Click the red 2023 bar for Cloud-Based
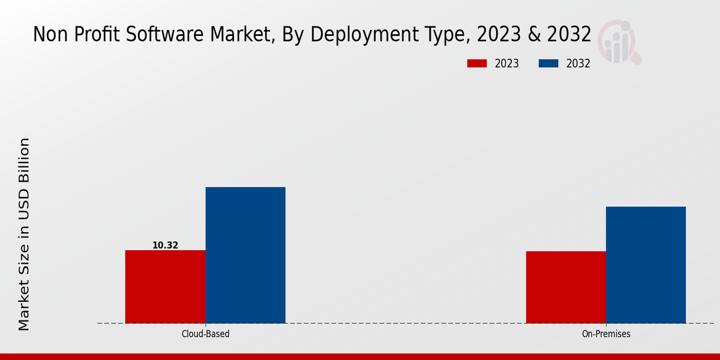click(165, 287)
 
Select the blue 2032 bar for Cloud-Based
click(245, 255)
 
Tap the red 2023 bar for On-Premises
click(566, 287)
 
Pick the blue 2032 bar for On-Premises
click(646, 265)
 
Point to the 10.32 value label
click(165, 245)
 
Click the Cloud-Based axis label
click(205, 334)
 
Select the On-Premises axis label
click(606, 334)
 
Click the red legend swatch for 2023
click(477, 64)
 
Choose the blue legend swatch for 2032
click(549, 64)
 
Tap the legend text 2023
click(507, 64)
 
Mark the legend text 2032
click(578, 64)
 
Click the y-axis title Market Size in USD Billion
click(24, 234)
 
